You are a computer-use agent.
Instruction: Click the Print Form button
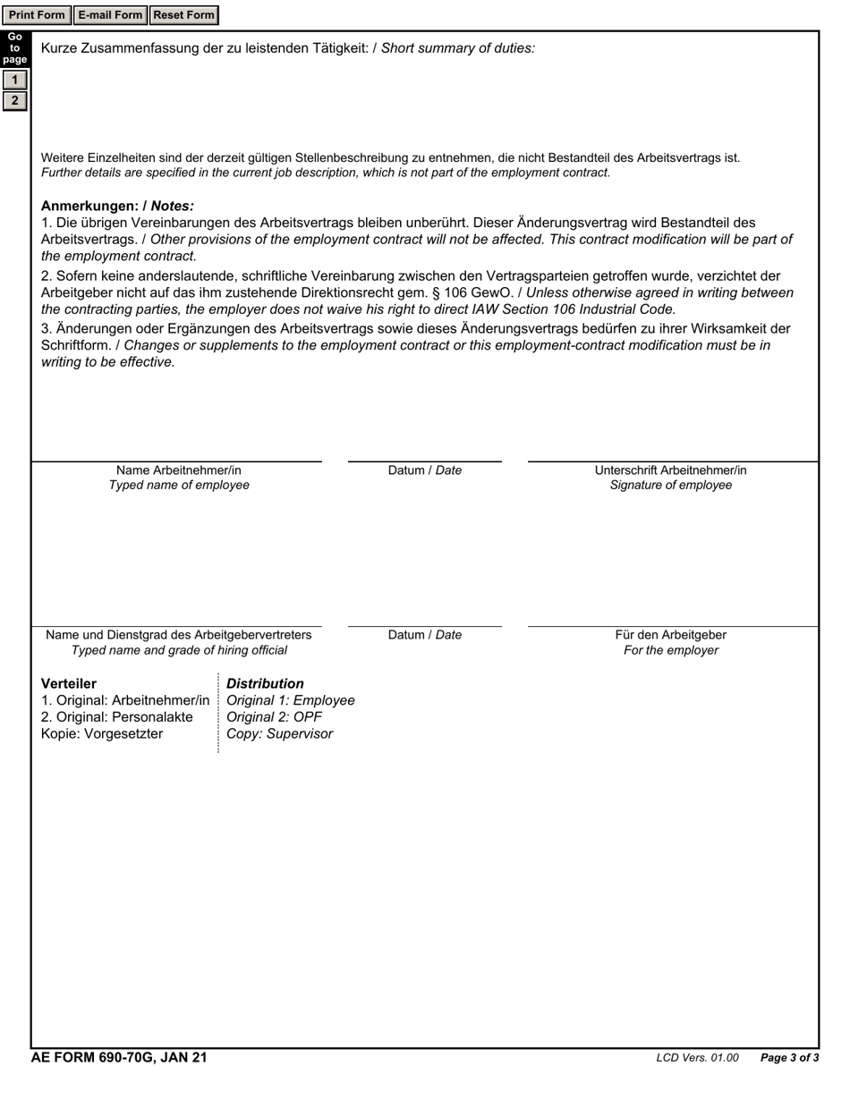(x=37, y=15)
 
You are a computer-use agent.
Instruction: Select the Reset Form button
(x=183, y=15)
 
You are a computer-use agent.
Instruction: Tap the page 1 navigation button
(x=14, y=80)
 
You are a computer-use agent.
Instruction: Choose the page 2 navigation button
(x=14, y=100)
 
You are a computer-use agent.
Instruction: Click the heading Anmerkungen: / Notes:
(x=117, y=206)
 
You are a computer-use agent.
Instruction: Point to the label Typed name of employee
(x=179, y=485)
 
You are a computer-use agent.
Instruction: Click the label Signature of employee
(x=670, y=485)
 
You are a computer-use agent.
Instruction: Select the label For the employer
(x=670, y=650)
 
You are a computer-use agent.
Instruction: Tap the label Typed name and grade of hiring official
(x=179, y=650)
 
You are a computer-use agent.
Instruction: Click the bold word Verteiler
(x=69, y=683)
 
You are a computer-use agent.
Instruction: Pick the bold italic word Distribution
(x=265, y=683)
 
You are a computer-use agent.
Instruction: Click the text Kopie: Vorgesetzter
(x=102, y=734)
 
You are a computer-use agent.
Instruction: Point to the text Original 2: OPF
(x=274, y=717)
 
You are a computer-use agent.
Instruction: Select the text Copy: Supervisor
(x=279, y=734)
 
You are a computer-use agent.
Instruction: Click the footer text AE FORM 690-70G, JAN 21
(x=119, y=1058)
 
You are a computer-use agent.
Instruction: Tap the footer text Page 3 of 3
(x=789, y=1058)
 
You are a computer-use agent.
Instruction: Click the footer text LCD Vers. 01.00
(x=697, y=1058)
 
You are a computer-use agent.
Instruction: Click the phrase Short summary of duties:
(x=458, y=48)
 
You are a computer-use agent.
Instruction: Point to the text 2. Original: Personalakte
(x=116, y=717)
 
